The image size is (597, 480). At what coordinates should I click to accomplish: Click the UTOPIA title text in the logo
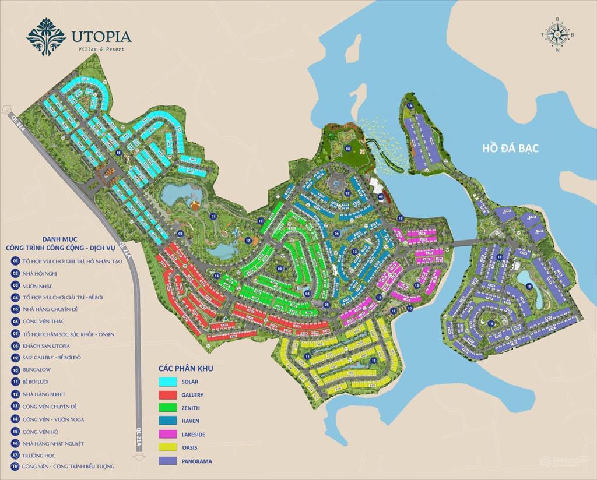click(x=101, y=36)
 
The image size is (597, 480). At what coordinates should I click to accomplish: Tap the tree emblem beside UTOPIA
click(x=46, y=36)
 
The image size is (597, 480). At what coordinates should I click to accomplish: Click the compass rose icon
click(x=557, y=34)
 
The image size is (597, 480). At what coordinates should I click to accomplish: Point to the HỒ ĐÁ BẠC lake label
click(x=510, y=149)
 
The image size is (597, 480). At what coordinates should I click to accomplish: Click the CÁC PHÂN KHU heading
click(x=186, y=369)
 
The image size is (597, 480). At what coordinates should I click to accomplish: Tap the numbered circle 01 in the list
click(x=15, y=261)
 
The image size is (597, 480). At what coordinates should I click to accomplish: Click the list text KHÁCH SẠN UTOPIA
click(x=47, y=345)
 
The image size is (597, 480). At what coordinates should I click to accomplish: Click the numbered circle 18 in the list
click(x=15, y=466)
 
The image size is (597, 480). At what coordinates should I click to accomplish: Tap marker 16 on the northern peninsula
click(x=410, y=105)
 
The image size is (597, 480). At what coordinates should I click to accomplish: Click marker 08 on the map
click(x=347, y=149)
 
